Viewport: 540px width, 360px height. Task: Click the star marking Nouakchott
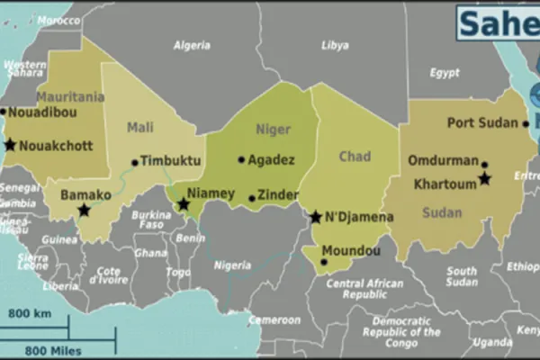click(x=10, y=145)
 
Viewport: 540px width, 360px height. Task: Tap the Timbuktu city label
click(x=169, y=162)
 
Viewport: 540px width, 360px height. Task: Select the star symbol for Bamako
click(x=84, y=211)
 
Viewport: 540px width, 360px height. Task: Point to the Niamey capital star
click(x=183, y=205)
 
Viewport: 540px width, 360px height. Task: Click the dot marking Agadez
click(x=241, y=160)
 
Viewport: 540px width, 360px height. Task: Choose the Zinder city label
click(x=277, y=194)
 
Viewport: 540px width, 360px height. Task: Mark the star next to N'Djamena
click(x=315, y=217)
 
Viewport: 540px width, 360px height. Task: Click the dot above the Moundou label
click(x=324, y=262)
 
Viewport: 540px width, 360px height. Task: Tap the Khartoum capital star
click(x=484, y=179)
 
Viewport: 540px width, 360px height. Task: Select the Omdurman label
click(x=443, y=161)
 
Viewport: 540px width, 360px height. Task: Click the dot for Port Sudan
click(x=526, y=124)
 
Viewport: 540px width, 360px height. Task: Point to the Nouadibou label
click(x=42, y=112)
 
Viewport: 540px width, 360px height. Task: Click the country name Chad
click(x=354, y=157)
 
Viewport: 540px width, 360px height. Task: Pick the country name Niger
click(x=273, y=130)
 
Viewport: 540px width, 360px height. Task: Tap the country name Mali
click(x=139, y=128)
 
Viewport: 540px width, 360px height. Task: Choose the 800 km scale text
click(x=29, y=313)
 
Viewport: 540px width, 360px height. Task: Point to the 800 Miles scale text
click(x=55, y=350)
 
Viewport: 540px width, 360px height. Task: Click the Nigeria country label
click(x=232, y=265)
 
